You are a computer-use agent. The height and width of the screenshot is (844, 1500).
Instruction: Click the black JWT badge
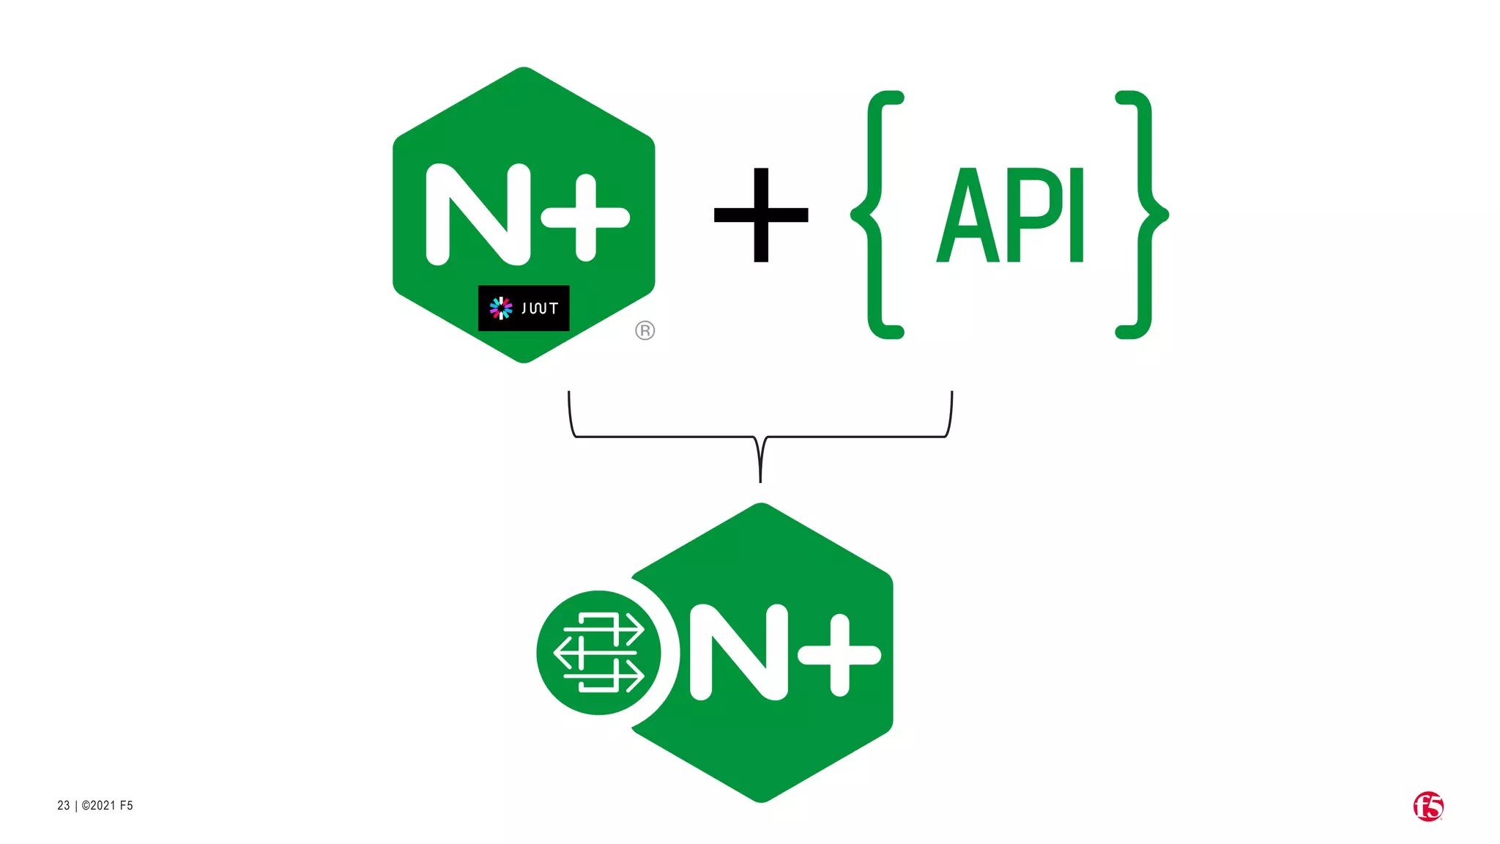point(523,308)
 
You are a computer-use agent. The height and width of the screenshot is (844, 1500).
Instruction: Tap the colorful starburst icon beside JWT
point(501,308)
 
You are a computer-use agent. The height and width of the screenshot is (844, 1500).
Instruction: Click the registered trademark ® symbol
point(645,330)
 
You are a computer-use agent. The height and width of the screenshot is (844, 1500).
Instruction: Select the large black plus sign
point(761,215)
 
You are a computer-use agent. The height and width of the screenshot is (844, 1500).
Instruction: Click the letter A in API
point(968,215)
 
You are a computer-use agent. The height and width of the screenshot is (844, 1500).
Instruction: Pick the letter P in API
point(1035,215)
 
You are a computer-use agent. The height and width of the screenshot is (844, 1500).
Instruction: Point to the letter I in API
point(1076,215)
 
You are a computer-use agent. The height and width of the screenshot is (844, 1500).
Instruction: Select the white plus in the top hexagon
point(586,217)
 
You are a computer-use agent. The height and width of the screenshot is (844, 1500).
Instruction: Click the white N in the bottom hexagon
point(738,652)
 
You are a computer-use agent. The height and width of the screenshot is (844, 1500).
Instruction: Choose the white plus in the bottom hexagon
point(839,654)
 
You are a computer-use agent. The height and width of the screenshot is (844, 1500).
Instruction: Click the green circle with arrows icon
point(598,652)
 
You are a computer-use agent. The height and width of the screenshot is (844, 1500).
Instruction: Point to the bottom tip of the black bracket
point(760,479)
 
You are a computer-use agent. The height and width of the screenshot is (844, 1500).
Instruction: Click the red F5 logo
point(1427,806)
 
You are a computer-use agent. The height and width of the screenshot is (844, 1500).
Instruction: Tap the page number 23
point(64,805)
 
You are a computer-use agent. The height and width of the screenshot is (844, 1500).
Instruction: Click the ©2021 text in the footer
point(99,805)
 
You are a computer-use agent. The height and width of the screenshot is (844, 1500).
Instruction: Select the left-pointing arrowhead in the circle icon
point(562,652)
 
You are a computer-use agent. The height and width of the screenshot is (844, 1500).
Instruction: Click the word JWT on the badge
point(540,308)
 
